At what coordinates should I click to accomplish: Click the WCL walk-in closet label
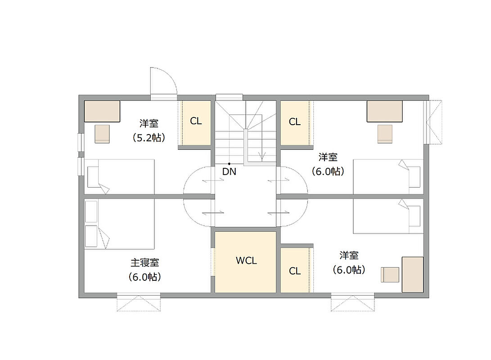tap(246, 261)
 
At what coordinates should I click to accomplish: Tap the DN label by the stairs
tap(229, 171)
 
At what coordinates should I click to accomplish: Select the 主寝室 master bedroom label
tap(144, 263)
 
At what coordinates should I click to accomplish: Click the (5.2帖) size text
tap(149, 138)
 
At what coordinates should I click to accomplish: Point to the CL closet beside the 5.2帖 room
tap(196, 123)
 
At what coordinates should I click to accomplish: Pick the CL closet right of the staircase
tap(295, 123)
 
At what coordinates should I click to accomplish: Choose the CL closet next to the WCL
tap(295, 270)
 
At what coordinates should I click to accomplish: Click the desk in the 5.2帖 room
tap(102, 111)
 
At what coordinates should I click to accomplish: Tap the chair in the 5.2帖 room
tap(103, 134)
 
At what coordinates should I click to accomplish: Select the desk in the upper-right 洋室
tap(384, 111)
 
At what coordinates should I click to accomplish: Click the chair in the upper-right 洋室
tap(385, 134)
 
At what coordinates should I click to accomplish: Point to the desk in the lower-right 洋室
tap(413, 274)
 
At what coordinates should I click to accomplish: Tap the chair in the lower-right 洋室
tap(390, 275)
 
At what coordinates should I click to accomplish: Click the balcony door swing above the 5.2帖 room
tap(163, 81)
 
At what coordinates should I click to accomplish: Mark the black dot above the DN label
tap(229, 164)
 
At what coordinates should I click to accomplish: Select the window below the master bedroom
tap(139, 302)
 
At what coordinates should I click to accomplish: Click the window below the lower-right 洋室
tap(352, 302)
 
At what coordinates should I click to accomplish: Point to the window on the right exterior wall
tap(433, 122)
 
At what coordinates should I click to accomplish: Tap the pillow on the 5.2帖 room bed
tap(93, 177)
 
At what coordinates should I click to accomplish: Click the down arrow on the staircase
tap(262, 155)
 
